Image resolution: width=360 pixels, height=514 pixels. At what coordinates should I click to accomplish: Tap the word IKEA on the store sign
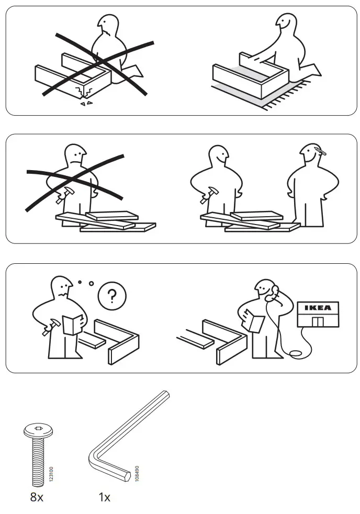(x=318, y=308)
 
